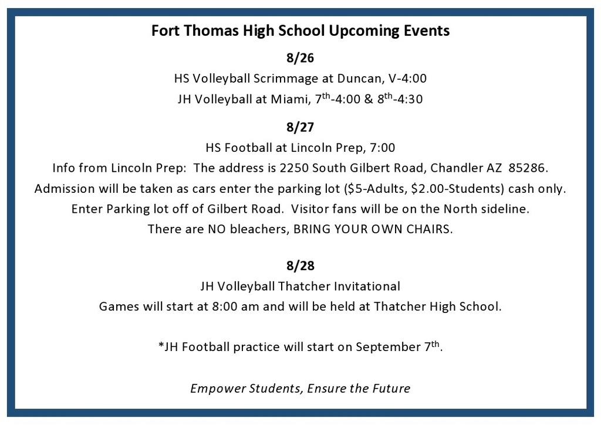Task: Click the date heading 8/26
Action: pos(300,58)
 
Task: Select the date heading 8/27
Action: pos(300,127)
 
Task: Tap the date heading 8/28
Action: pos(300,265)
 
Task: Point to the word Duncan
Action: pos(359,79)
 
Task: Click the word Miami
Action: pos(290,99)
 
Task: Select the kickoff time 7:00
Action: pos(382,148)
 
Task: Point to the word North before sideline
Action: pos(459,209)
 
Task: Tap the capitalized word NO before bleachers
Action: pos(217,229)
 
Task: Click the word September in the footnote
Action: pos(388,347)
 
